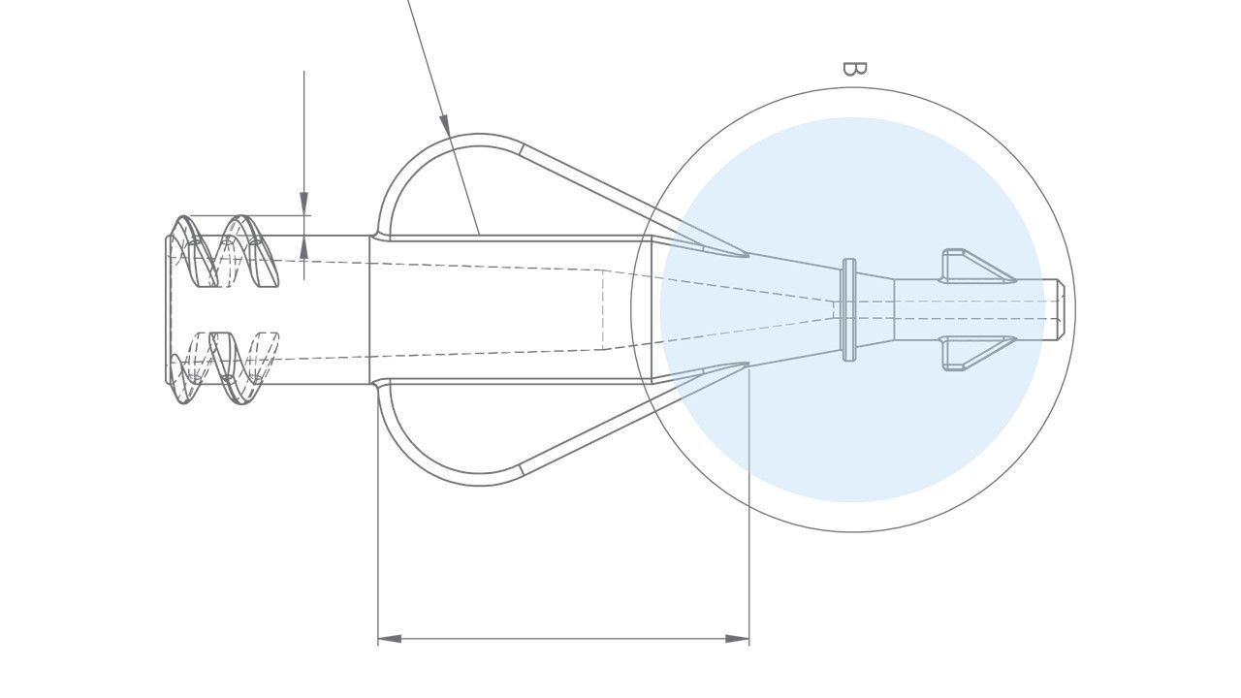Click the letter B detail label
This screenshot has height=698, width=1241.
(x=853, y=68)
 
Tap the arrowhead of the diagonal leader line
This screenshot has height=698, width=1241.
(x=445, y=124)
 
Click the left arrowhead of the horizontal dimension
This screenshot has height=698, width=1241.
(x=389, y=639)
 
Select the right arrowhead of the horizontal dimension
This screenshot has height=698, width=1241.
(x=738, y=639)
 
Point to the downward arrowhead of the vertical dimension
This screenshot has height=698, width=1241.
(x=303, y=204)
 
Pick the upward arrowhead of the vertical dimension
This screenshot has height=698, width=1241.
(x=303, y=246)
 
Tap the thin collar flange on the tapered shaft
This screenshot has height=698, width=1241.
(x=849, y=309)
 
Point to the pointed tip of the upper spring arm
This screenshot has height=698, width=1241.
(x=745, y=255)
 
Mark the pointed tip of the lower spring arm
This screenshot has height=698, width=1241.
(x=745, y=365)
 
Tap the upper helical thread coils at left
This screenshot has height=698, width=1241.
(x=223, y=252)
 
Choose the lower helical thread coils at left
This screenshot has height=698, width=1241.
(x=223, y=368)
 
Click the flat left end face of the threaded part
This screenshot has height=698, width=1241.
(x=168, y=309)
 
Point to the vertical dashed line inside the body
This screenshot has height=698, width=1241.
(x=603, y=309)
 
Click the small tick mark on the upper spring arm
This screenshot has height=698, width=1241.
(x=522, y=149)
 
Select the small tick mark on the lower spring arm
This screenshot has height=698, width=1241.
(x=522, y=469)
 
